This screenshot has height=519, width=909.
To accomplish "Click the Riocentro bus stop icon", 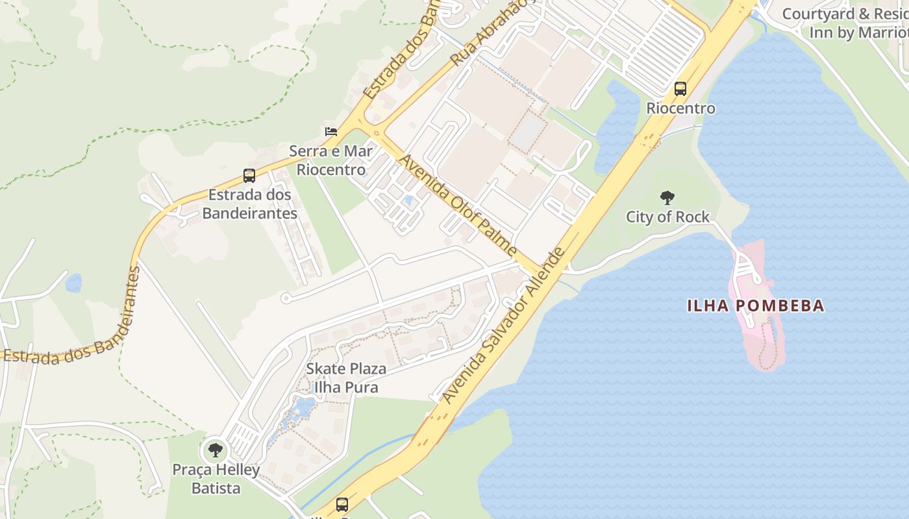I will point(680,89).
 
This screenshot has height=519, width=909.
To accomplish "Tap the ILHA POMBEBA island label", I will point(756,306).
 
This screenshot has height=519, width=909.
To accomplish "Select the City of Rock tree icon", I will point(667,198).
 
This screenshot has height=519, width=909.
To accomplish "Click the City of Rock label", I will point(667,217).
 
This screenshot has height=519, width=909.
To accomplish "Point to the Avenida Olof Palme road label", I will point(458,205).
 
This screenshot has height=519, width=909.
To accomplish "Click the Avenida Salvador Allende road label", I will point(504,324).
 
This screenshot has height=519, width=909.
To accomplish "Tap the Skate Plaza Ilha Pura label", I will point(346,378).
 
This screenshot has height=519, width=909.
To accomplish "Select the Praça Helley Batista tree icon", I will point(215,450).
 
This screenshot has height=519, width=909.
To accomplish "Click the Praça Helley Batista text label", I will point(216,479).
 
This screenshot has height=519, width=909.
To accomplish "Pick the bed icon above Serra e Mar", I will point(331,132).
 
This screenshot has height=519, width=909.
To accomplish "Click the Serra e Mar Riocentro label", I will point(331,160).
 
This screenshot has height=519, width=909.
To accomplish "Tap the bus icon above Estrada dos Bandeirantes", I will point(249,175).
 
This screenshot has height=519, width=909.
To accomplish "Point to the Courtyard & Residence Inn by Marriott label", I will point(851,23).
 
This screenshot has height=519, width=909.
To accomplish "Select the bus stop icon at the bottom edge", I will point(342,504).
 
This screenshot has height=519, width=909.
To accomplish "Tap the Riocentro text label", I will point(680,108).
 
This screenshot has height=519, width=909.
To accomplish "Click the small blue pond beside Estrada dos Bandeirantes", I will point(73,283).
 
